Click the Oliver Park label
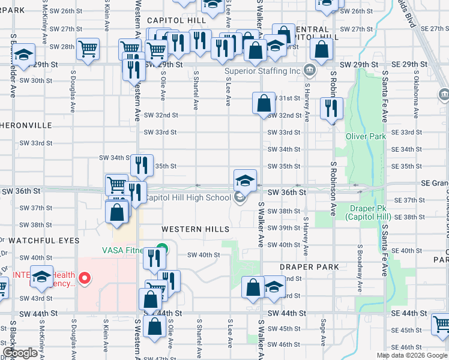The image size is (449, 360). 365,136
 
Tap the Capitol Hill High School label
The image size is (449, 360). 188,197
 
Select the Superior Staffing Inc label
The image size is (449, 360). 262,71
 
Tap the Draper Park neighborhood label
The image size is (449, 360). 309,266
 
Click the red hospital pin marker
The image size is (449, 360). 85,278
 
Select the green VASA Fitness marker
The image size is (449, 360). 161,248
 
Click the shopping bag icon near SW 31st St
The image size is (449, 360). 264,103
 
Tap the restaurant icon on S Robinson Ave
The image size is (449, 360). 330,108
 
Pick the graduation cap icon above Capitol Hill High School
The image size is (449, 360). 245,179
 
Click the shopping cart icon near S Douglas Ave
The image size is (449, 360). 88,49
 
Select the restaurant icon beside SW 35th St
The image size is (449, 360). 142,164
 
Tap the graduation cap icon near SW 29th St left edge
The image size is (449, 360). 23,55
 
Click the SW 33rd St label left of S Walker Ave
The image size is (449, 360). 160,132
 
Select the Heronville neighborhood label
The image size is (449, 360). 26,125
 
